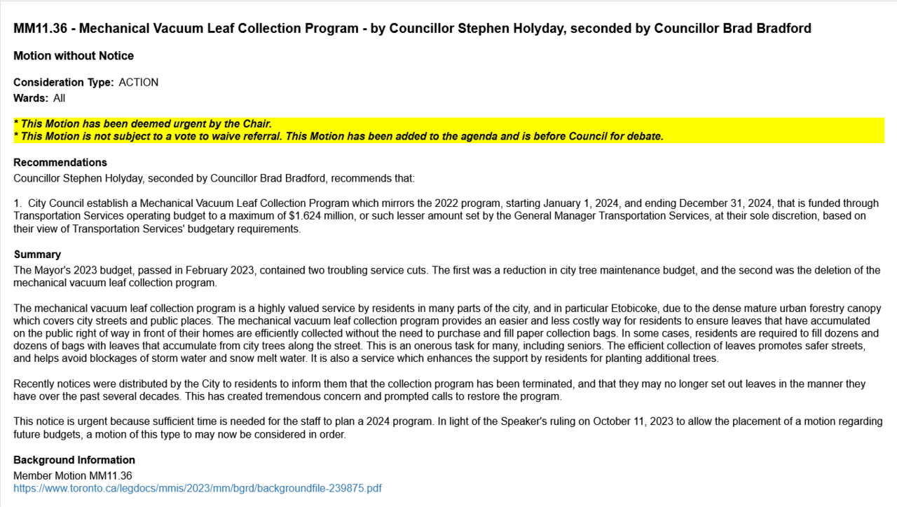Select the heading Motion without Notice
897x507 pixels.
[x=74, y=56]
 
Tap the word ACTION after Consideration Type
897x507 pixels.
[x=139, y=83]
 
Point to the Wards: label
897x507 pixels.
[x=31, y=98]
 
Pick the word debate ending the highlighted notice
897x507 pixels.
[x=645, y=136]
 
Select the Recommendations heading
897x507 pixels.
[x=60, y=163]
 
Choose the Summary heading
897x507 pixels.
[x=37, y=255]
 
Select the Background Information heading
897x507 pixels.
[x=74, y=460]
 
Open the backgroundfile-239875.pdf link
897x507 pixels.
[x=198, y=488]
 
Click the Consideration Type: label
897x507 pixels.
[x=63, y=83]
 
